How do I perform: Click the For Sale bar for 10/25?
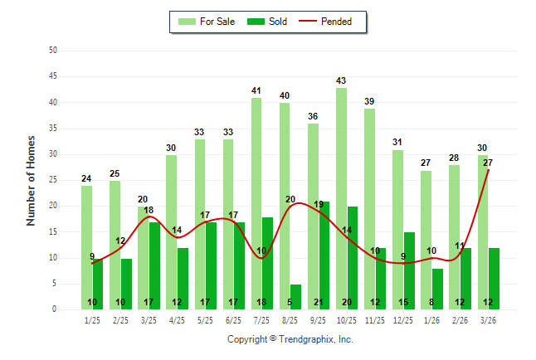pyautogui.click(x=341, y=199)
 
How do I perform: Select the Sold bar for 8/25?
pyautogui.click(x=295, y=297)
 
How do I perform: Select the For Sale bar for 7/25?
pyautogui.click(x=256, y=204)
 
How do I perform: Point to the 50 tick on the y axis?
pyautogui.click(x=53, y=51)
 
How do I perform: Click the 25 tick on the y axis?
pyautogui.click(x=53, y=180)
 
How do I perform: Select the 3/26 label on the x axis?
pyautogui.click(x=488, y=319)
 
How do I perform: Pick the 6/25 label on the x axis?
pyautogui.click(x=233, y=319)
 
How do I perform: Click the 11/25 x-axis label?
pyautogui.click(x=375, y=319)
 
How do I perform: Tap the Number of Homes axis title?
pyautogui.click(x=31, y=180)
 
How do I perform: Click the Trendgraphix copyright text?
pyautogui.click(x=290, y=339)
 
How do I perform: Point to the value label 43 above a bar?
pyautogui.click(x=340, y=80)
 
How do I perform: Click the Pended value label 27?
pyautogui.click(x=488, y=163)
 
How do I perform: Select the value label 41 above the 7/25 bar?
pyautogui.click(x=256, y=90)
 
